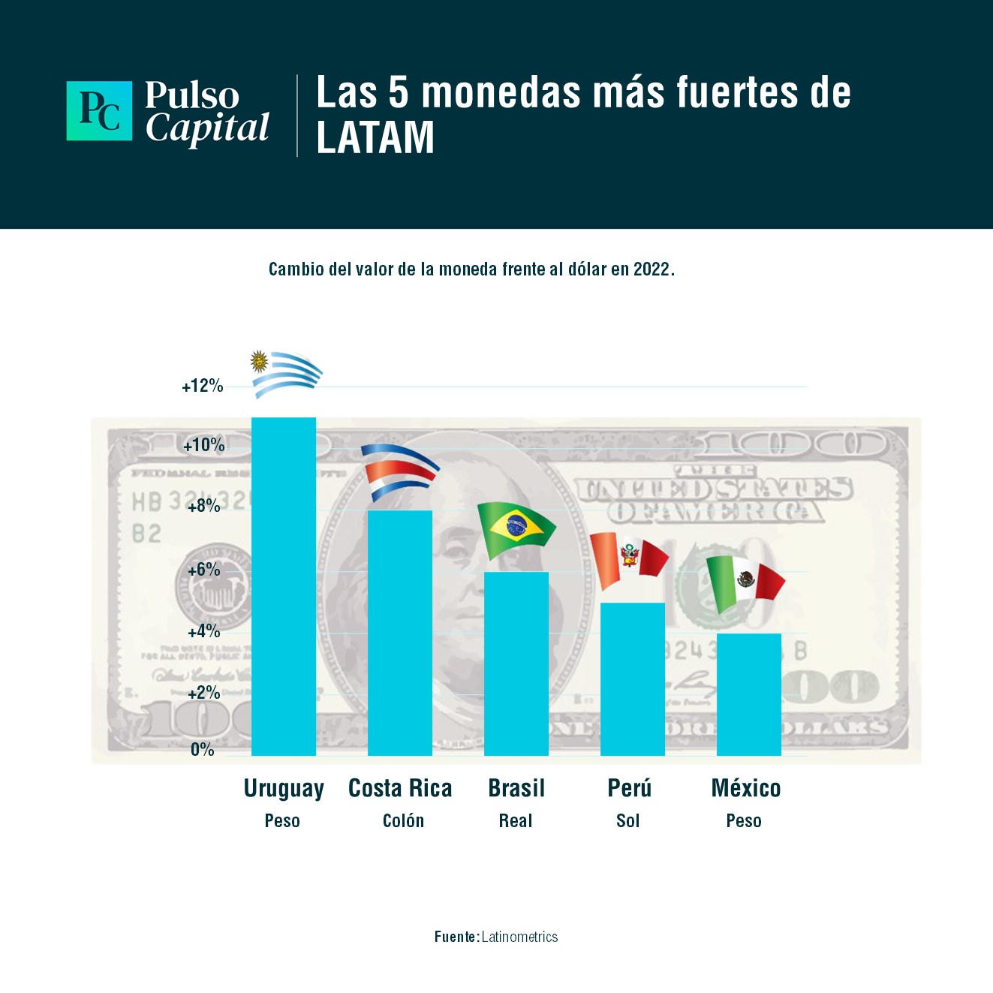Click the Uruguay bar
(283, 586)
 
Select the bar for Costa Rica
(399, 633)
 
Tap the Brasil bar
(516, 664)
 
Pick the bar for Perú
(632, 679)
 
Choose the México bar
(748, 694)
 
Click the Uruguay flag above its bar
(286, 372)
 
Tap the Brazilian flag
(516, 529)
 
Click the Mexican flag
(745, 582)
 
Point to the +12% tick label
(203, 386)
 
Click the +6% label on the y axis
(204, 570)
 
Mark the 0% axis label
(203, 749)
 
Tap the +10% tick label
(204, 445)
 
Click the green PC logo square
(99, 111)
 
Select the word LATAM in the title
(375, 137)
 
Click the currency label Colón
(403, 820)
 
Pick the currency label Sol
(628, 820)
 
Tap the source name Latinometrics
(519, 937)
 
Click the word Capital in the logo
(207, 128)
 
